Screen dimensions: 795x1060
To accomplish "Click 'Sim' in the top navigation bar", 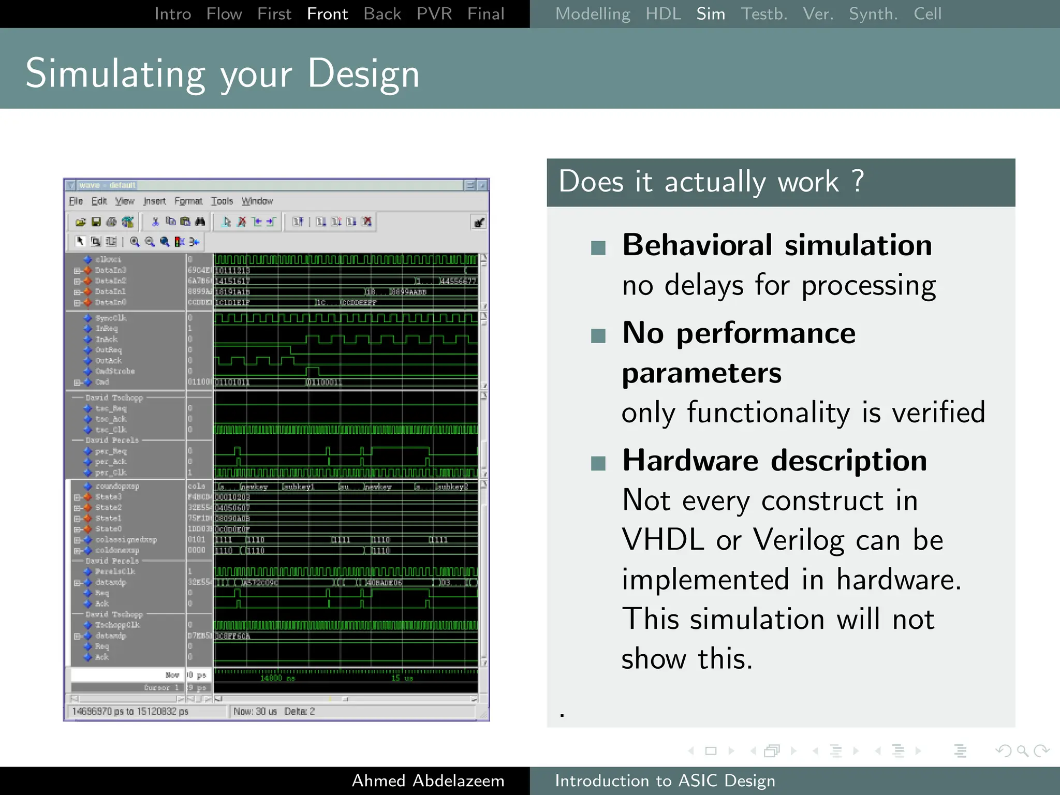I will click(x=710, y=14).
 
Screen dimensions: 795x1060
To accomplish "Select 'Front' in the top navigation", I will click(x=327, y=14).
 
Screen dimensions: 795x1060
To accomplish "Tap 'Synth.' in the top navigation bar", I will click(x=873, y=14).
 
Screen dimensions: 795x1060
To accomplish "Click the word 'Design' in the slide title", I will click(x=363, y=73).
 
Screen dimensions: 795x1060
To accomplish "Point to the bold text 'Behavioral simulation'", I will click(x=776, y=245).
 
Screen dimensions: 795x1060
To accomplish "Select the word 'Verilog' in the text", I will click(x=800, y=540).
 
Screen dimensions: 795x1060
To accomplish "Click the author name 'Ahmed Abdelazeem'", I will click(x=428, y=781).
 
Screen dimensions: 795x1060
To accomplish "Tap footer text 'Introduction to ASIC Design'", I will click(x=665, y=781).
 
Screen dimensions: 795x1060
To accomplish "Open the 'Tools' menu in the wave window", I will click(x=222, y=201).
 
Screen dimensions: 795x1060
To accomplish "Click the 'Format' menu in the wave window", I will click(x=188, y=201).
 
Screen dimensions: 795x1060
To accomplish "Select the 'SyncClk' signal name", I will click(x=111, y=318).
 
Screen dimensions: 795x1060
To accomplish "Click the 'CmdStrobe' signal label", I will click(x=115, y=371).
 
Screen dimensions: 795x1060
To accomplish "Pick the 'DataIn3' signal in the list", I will click(x=110, y=270).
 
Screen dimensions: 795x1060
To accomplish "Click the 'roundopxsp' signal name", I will click(x=117, y=486).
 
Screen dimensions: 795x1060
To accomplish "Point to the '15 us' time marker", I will click(x=402, y=678).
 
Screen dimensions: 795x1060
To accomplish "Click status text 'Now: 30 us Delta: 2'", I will click(x=274, y=711).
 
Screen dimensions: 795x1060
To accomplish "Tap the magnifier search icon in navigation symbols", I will click(x=1022, y=750).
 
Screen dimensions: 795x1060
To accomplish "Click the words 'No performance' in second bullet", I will click(x=739, y=333).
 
